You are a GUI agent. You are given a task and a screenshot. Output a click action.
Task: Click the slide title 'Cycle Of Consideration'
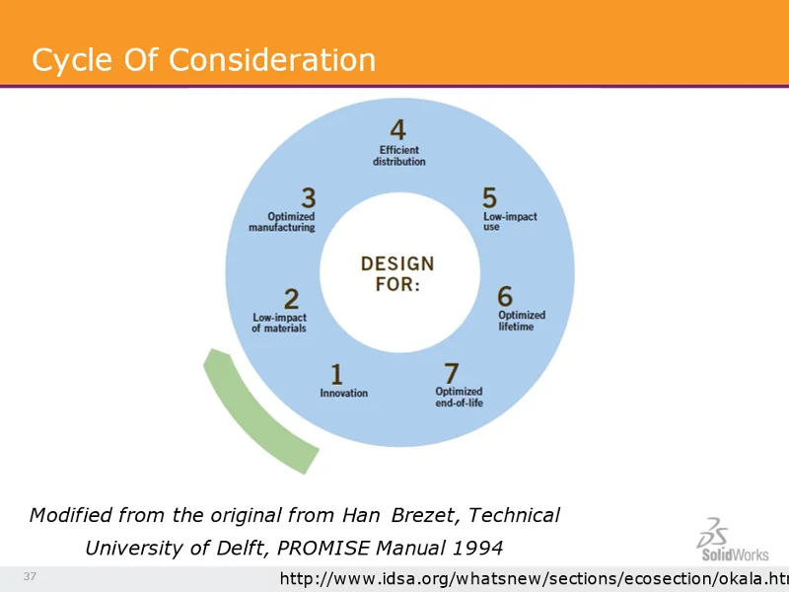[203, 60]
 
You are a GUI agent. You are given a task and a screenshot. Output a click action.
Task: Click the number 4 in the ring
[397, 130]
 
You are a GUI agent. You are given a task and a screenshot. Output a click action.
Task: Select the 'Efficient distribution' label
[398, 156]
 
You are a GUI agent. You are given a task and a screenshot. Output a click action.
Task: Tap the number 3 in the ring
[309, 198]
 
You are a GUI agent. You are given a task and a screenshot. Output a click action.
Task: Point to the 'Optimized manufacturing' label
[282, 222]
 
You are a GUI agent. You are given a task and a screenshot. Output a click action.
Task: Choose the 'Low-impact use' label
[509, 222]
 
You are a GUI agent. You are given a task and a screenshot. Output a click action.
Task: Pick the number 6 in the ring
[505, 296]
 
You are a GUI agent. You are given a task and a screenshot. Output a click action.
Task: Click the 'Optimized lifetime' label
[521, 321]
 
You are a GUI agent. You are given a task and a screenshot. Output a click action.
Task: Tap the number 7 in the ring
[451, 373]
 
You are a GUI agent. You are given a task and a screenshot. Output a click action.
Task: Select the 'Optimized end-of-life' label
[459, 398]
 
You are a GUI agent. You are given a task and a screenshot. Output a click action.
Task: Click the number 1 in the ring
[336, 374]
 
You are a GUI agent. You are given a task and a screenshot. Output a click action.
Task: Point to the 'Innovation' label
[343, 394]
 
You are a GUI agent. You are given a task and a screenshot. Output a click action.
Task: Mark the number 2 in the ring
[292, 298]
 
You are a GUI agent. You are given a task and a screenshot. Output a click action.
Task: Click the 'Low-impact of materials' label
[279, 323]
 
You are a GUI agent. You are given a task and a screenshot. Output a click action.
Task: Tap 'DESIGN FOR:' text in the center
[396, 274]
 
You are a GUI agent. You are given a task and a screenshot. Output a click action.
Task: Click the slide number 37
[30, 576]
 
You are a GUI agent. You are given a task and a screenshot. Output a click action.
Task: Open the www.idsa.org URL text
[533, 577]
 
